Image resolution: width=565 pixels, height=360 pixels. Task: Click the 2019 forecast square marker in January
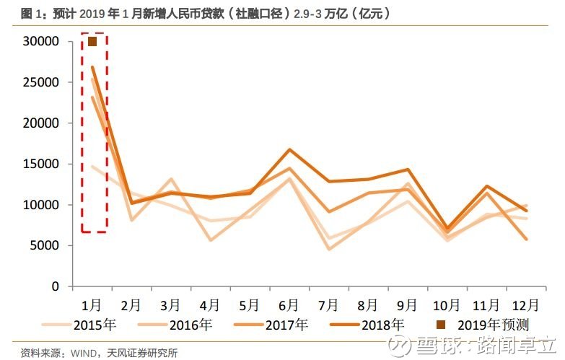(x=92, y=42)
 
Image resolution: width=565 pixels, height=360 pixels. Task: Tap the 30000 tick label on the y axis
(x=40, y=41)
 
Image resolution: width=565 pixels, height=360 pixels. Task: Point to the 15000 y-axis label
(x=40, y=164)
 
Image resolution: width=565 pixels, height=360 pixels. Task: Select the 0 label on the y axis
(x=55, y=286)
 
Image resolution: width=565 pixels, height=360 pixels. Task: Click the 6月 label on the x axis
(x=289, y=305)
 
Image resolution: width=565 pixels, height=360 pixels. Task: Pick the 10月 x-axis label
(x=446, y=305)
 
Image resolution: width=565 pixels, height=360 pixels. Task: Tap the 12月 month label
(x=525, y=305)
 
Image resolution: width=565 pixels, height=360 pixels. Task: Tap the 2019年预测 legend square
(x=441, y=325)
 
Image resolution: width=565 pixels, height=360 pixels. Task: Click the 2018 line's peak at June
(x=289, y=149)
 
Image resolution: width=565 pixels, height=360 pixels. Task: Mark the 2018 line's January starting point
(x=92, y=66)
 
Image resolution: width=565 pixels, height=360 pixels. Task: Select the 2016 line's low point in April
(x=211, y=240)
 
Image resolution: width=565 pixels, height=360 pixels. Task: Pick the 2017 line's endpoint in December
(x=527, y=239)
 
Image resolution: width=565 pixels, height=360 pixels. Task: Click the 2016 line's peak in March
(x=171, y=178)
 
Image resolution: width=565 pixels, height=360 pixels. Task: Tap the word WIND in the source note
(x=83, y=353)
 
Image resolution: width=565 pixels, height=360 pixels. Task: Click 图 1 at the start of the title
(x=32, y=14)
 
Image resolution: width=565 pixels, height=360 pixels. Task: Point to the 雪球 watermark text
(x=442, y=346)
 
